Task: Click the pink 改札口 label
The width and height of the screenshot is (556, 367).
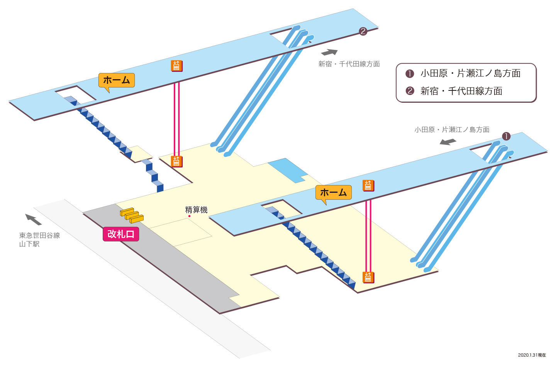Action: tap(121, 234)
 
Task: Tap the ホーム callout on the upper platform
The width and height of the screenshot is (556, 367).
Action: tap(117, 80)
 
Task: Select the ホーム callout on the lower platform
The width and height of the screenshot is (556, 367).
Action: tap(333, 193)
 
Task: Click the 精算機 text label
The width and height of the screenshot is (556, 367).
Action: tap(196, 210)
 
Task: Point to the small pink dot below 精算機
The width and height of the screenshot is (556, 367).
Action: tap(189, 216)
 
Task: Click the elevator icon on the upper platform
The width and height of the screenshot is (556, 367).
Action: tap(177, 66)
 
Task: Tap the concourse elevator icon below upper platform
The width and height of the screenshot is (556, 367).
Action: tap(177, 161)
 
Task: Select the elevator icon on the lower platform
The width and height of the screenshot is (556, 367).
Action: tap(368, 186)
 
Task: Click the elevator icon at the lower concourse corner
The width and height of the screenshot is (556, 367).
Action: tap(368, 277)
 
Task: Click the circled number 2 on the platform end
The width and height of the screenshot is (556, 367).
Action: tap(363, 31)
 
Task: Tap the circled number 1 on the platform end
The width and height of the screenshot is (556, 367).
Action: tap(506, 136)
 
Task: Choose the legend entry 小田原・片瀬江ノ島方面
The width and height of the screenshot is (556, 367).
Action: tap(463, 73)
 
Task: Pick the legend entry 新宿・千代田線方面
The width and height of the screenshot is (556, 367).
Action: tap(454, 91)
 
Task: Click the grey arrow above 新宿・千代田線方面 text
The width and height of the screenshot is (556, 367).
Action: tap(329, 53)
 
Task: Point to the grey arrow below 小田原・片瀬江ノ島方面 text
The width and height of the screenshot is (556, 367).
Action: tap(448, 142)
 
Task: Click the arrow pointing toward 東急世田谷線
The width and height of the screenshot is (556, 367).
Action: tap(33, 219)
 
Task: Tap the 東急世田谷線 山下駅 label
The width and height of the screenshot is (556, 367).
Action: tap(39, 240)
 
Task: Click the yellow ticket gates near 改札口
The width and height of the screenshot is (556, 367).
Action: tap(132, 216)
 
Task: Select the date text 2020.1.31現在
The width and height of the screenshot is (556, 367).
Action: tap(532, 355)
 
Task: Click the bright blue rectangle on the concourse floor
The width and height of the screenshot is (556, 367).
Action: tap(288, 170)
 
